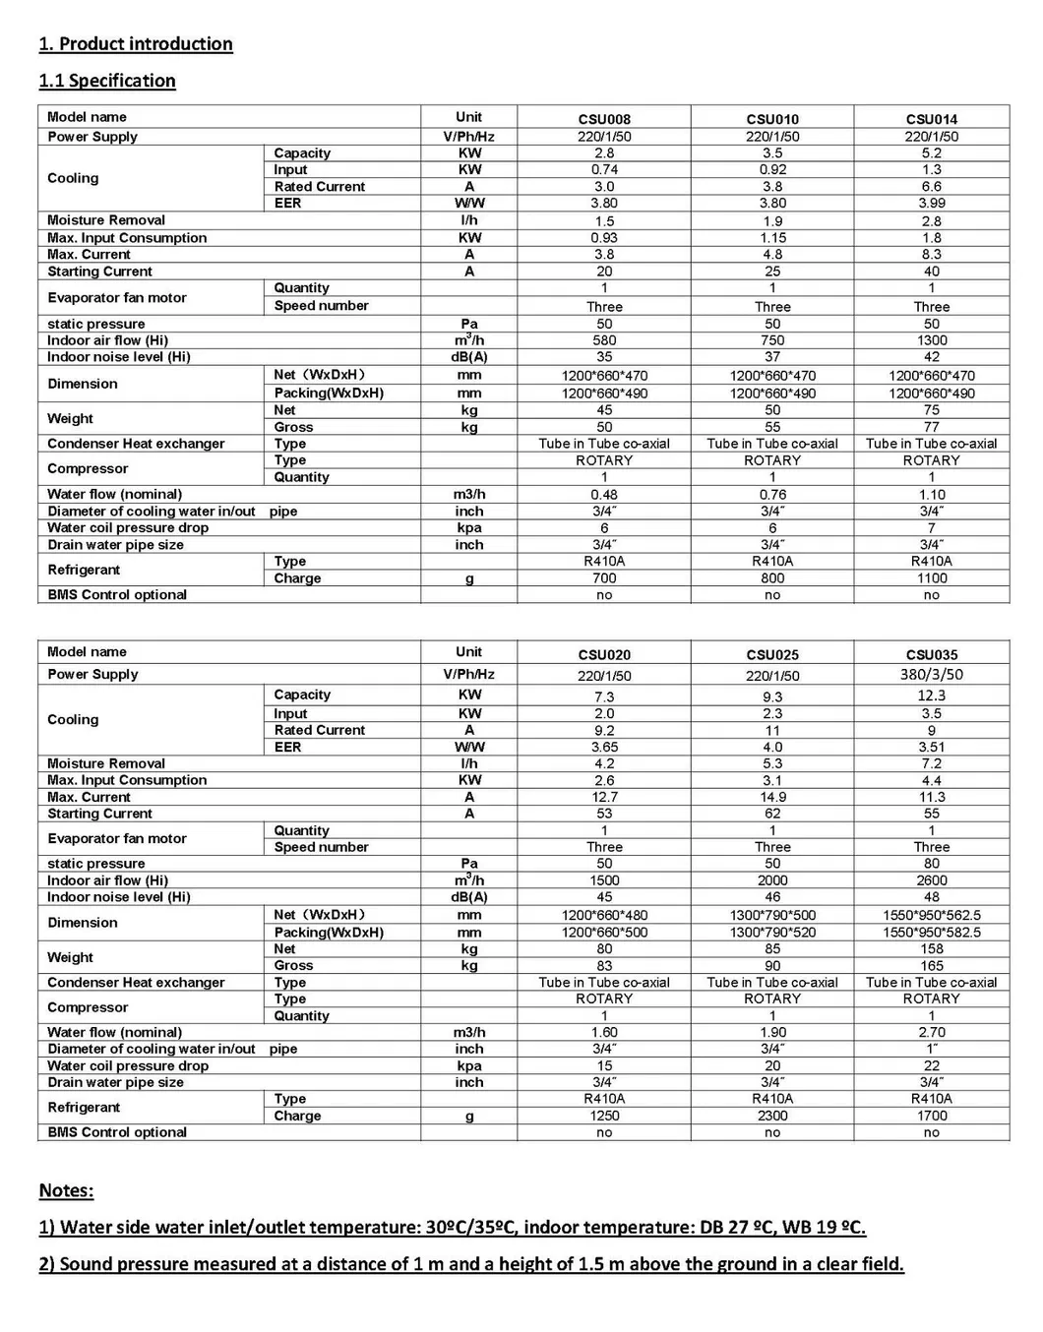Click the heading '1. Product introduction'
pos(136,44)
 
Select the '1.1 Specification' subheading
pos(107,81)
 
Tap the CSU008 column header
pos(604,119)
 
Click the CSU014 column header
pos(931,119)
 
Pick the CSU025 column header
pos(772,654)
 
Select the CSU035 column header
pos(931,654)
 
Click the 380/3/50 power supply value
pos(931,675)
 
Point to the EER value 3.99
pos(931,204)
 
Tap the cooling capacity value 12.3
pos(931,696)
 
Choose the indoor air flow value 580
pos(604,340)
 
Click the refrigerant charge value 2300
pos(772,1116)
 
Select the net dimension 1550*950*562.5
pos(931,915)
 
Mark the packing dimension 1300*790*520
pos(772,933)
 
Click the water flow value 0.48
pos(604,495)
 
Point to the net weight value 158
pos(931,949)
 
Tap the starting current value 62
pos(772,814)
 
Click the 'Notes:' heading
pos(66,1190)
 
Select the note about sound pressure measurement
pos(471,1264)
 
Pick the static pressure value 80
pos(931,864)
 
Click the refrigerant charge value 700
pos(604,578)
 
